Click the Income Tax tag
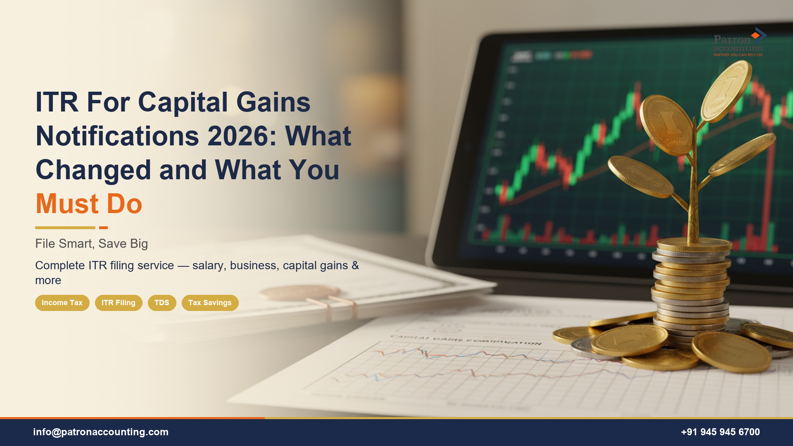(62, 303)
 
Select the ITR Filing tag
(119, 303)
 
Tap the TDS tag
(162, 303)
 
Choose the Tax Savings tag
(210, 303)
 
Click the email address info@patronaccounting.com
(101, 432)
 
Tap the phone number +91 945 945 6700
(720, 432)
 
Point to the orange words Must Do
(89, 204)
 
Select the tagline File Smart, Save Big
(91, 244)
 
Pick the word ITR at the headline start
(57, 102)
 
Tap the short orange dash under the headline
(103, 228)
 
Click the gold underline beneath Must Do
(65, 228)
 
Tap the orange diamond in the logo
(755, 36)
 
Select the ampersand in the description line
(355, 266)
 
